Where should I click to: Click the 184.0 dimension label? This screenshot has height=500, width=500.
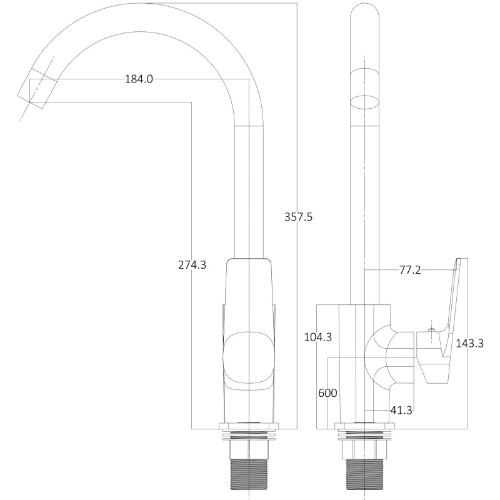[x=139, y=79]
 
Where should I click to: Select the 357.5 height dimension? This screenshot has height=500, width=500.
[x=298, y=217]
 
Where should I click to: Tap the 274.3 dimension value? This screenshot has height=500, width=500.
[x=192, y=264]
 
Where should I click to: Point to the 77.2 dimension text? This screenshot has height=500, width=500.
[x=410, y=270]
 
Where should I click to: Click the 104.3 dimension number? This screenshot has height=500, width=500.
[x=317, y=337]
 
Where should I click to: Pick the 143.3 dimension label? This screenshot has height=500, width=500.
[x=470, y=343]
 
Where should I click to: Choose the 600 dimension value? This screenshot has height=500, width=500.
[x=327, y=393]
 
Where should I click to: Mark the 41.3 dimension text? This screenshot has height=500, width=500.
[x=401, y=411]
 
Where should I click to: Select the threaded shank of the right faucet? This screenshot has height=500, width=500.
[x=365, y=479]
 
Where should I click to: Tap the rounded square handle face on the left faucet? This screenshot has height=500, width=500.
[x=249, y=357]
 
